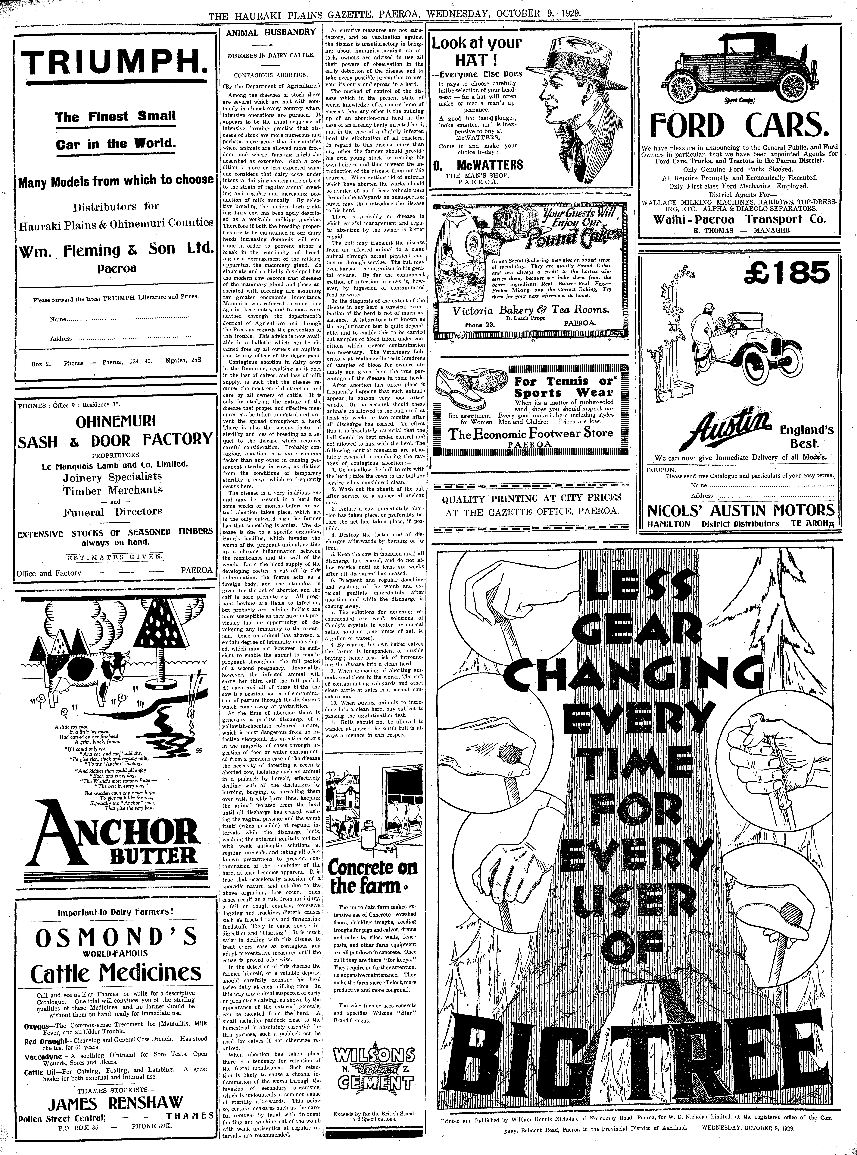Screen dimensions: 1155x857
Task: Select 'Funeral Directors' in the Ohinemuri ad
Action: tap(113, 512)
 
